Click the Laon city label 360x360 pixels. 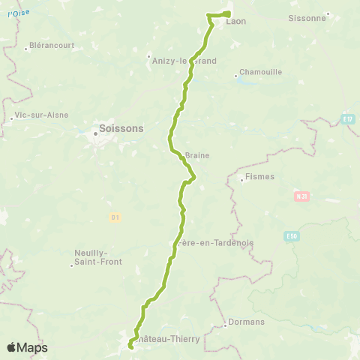(x=236, y=22)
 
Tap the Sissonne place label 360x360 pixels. (x=307, y=16)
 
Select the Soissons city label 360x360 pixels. (x=120, y=128)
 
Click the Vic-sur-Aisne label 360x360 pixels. (x=41, y=115)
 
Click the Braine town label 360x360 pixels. (x=196, y=155)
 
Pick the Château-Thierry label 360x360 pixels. (x=169, y=338)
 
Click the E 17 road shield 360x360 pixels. (x=346, y=118)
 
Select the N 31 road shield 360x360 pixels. (x=300, y=196)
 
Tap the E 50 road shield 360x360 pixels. (x=292, y=235)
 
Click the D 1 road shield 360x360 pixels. (x=115, y=217)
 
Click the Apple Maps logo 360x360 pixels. (x=27, y=347)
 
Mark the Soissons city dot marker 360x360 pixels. (x=95, y=134)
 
